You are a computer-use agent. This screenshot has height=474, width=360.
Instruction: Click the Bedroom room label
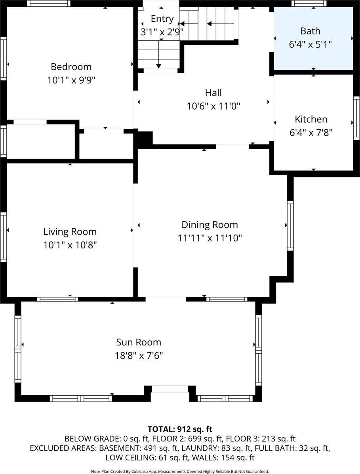coord(71,66)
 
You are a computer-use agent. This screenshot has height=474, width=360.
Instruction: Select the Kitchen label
coord(311,119)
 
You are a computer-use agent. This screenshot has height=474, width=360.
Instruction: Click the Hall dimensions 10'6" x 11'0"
coord(213,106)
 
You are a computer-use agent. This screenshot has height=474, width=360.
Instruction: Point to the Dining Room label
coord(210,225)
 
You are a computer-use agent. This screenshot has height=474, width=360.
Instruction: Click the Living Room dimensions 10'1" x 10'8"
coord(70,245)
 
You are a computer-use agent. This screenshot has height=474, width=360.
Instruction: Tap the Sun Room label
coord(139,342)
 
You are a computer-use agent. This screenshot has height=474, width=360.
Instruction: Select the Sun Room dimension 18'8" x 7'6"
coord(139,355)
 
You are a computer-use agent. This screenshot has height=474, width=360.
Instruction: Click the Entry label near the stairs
coord(162,19)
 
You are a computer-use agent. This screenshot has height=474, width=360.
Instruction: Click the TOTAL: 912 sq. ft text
coord(180,429)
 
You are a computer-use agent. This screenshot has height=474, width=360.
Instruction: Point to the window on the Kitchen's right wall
coord(356,118)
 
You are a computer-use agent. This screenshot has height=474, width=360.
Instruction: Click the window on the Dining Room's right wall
coord(290,225)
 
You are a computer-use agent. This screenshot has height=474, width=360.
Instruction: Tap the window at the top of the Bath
coord(309,4)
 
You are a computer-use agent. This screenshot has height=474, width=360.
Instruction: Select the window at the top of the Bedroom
coord(49,4)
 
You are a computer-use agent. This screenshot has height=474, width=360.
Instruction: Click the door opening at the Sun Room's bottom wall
coord(170,389)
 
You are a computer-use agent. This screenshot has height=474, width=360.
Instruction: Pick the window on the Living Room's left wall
coord(3,237)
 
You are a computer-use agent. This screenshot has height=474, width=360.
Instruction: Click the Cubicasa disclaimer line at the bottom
coord(180,471)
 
